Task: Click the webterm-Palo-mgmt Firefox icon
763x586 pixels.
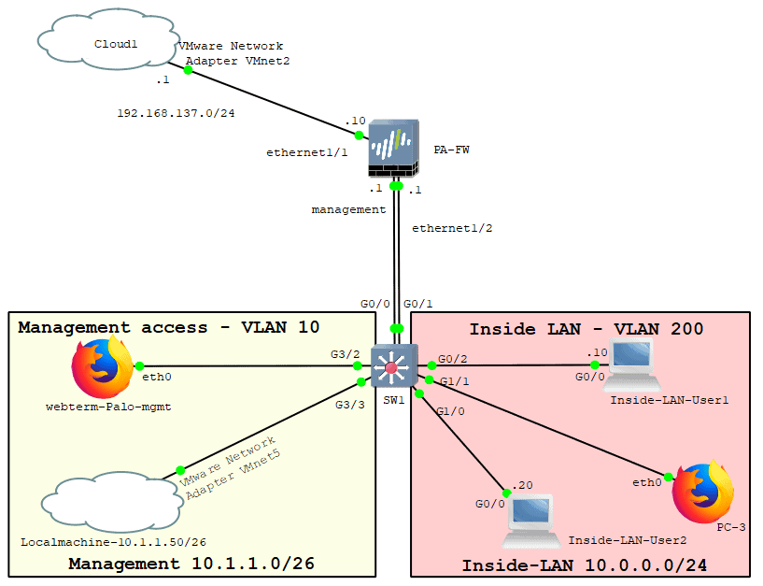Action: (x=102, y=366)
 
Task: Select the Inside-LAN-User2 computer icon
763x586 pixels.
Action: (x=529, y=520)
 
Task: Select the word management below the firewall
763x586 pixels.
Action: (x=348, y=210)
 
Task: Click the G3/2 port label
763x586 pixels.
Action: (x=345, y=353)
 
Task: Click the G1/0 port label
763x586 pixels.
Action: (x=450, y=412)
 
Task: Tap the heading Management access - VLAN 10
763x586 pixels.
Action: (x=168, y=327)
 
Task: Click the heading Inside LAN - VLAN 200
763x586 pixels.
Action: (x=586, y=328)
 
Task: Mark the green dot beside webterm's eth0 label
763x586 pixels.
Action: (x=138, y=365)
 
